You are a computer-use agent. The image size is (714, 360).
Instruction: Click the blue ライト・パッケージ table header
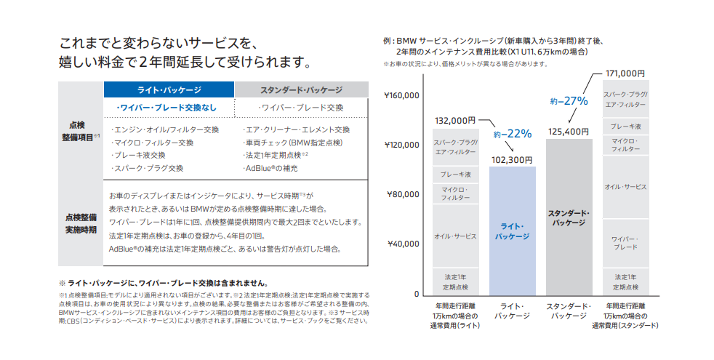tap(169, 89)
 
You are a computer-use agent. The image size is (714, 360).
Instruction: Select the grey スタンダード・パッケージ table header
tap(301, 89)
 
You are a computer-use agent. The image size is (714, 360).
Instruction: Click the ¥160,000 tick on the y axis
tap(401, 95)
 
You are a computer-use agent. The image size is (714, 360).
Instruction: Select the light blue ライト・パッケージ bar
tap(513, 230)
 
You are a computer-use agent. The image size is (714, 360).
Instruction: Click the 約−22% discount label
tap(513, 134)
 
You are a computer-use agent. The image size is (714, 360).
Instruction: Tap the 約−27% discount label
tap(569, 102)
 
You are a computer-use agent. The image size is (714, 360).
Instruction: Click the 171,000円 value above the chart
tap(625, 73)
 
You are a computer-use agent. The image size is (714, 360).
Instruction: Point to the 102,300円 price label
tap(512, 159)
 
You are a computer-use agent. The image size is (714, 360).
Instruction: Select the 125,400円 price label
tap(569, 131)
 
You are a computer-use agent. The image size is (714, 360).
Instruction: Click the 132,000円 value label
tap(455, 120)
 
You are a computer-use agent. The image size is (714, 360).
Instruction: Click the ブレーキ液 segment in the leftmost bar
tap(455, 175)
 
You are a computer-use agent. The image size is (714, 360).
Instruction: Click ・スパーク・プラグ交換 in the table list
tap(147, 168)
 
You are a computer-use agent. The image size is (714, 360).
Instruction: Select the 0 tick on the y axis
tap(417, 294)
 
